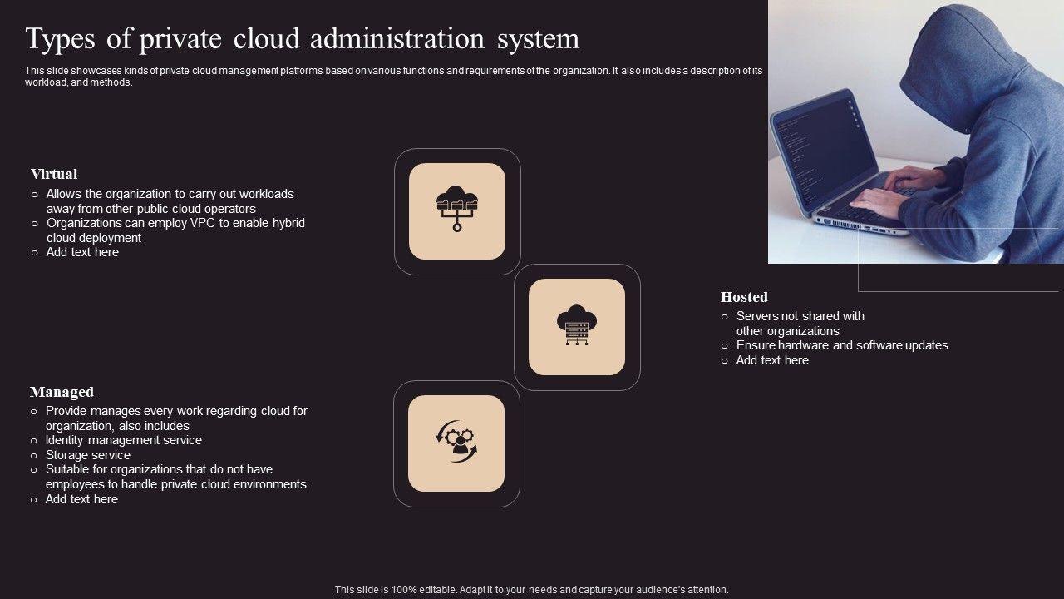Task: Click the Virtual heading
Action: click(x=54, y=174)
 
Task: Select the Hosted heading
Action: click(x=744, y=297)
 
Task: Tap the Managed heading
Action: click(x=62, y=392)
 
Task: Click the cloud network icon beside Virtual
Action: click(x=457, y=210)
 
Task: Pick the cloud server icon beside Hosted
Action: click(x=577, y=326)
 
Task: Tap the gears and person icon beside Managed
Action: click(x=456, y=443)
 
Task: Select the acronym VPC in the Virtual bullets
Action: click(x=204, y=223)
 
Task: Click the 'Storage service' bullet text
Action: click(x=88, y=455)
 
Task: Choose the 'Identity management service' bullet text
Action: click(x=124, y=440)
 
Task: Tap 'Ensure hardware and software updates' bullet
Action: click(x=842, y=345)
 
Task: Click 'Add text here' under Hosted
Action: click(x=772, y=360)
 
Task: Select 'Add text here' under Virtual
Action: click(x=82, y=252)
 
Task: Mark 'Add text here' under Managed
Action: click(x=81, y=499)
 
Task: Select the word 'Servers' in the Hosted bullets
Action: click(x=756, y=316)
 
